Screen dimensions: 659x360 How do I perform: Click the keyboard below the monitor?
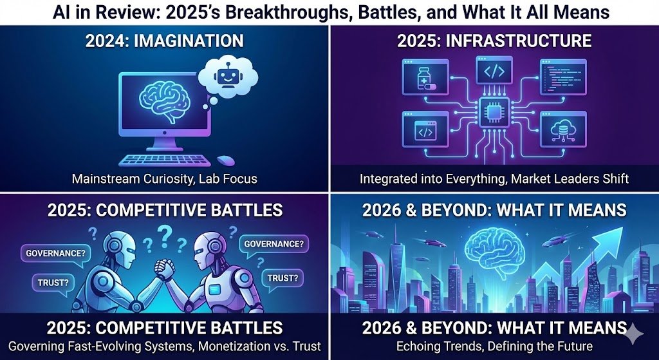pos(165,160)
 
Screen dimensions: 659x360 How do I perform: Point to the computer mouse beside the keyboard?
pos(225,160)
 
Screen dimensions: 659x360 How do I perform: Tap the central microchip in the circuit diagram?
pos(494,112)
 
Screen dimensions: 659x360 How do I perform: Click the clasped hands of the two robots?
pos(165,269)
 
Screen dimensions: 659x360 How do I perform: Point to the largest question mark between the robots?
pos(164,236)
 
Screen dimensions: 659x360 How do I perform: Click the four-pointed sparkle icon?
pos(633,334)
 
